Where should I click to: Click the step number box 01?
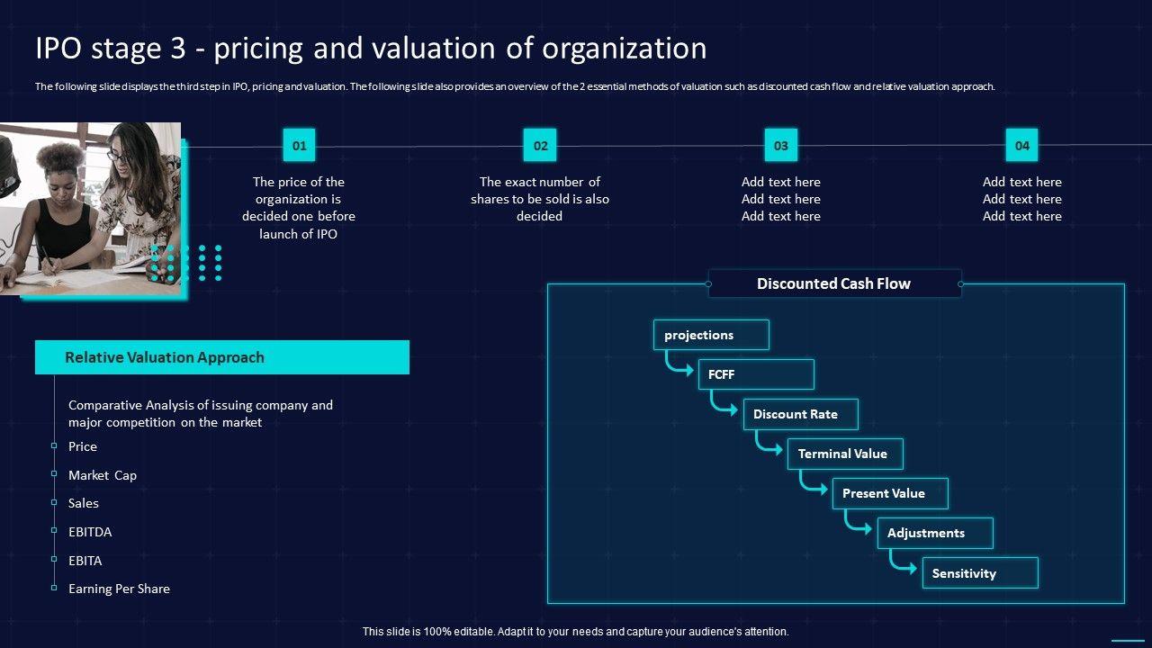coord(299,145)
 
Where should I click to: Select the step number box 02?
coord(540,145)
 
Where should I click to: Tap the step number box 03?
coord(781,145)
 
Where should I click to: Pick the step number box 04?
coord(1021,145)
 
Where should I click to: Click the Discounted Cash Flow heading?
coord(834,283)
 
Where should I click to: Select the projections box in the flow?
coord(711,335)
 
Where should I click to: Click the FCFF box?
coord(756,374)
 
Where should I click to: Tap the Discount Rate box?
coord(800,414)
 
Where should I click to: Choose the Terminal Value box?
coord(845,454)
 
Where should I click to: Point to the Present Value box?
coord(890,493)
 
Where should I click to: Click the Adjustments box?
coord(935,533)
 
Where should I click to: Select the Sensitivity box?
coord(980,573)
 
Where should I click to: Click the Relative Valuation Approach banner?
coord(222,357)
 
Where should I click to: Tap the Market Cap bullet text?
coord(103,475)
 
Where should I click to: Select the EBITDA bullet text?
coord(90,532)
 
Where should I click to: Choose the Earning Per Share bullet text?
coord(119,589)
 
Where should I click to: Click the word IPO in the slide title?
coord(58,48)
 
